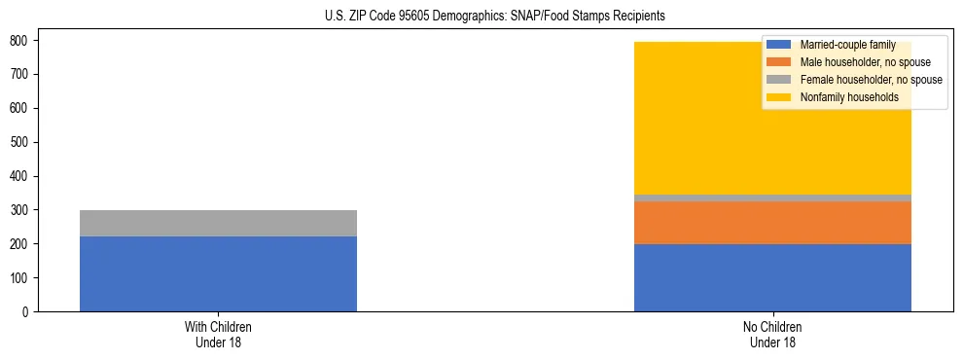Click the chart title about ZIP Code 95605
495,17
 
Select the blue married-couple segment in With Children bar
218,273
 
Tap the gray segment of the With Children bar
218,223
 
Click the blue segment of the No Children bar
772,277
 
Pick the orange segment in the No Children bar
772,223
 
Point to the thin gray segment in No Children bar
772,198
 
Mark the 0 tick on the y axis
25,312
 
